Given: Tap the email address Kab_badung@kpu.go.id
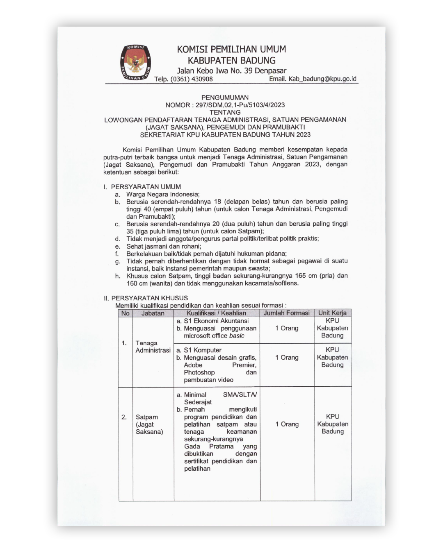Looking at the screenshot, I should tap(313, 79).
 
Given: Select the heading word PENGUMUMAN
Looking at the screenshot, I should tap(225, 97).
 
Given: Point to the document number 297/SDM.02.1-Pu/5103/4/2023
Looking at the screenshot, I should tap(240, 105).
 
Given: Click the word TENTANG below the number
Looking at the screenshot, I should tap(225, 112).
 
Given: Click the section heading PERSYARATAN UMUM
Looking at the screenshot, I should tap(146, 187).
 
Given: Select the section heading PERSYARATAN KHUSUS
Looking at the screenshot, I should tap(149, 298).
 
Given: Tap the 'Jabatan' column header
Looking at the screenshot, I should tap(153, 313).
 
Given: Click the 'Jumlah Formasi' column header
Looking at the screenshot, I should tap(287, 313).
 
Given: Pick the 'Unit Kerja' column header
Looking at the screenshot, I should tap(332, 313).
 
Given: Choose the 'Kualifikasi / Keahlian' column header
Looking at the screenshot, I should tap(216, 313).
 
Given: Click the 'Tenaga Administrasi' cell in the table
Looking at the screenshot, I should tap(153, 347).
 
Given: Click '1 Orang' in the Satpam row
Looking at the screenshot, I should tap(287, 424).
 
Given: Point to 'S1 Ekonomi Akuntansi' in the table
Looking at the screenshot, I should tap(216, 321).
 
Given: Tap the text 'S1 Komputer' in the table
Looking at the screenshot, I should tap(202, 350).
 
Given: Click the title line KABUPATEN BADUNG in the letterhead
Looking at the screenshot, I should tap(231, 61).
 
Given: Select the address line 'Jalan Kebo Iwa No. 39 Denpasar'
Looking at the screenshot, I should tap(231, 70).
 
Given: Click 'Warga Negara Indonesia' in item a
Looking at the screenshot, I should tap(162, 194).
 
